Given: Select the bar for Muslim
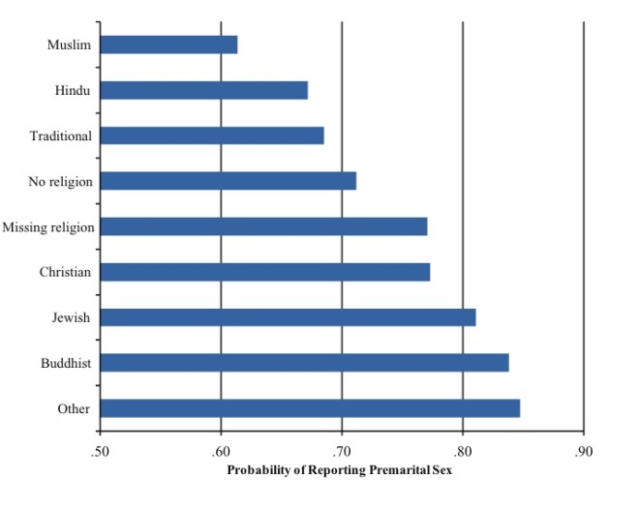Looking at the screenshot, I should coord(168,45).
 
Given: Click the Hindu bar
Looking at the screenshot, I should coord(203,90).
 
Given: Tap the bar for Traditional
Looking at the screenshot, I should coord(212,135).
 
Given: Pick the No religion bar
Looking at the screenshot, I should coord(228,181).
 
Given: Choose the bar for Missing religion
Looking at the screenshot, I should coord(263,226).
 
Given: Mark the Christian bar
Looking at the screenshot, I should coord(264,272).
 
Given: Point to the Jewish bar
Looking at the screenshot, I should coord(288,317).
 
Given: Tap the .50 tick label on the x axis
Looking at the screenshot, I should coord(100,453).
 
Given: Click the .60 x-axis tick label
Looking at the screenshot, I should coord(221,453).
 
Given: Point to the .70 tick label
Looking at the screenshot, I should coord(342,453).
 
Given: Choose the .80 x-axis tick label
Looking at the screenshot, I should coord(463,453).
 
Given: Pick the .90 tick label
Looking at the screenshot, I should coord(584,453).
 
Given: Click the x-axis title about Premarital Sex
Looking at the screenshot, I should coord(340,471).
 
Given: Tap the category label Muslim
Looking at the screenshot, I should coord(69,45).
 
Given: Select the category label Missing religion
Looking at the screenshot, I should coord(48,227).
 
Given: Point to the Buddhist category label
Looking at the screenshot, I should coord(66,363).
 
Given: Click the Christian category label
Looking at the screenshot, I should coord(65,272).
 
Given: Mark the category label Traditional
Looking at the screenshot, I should coord(60,135).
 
